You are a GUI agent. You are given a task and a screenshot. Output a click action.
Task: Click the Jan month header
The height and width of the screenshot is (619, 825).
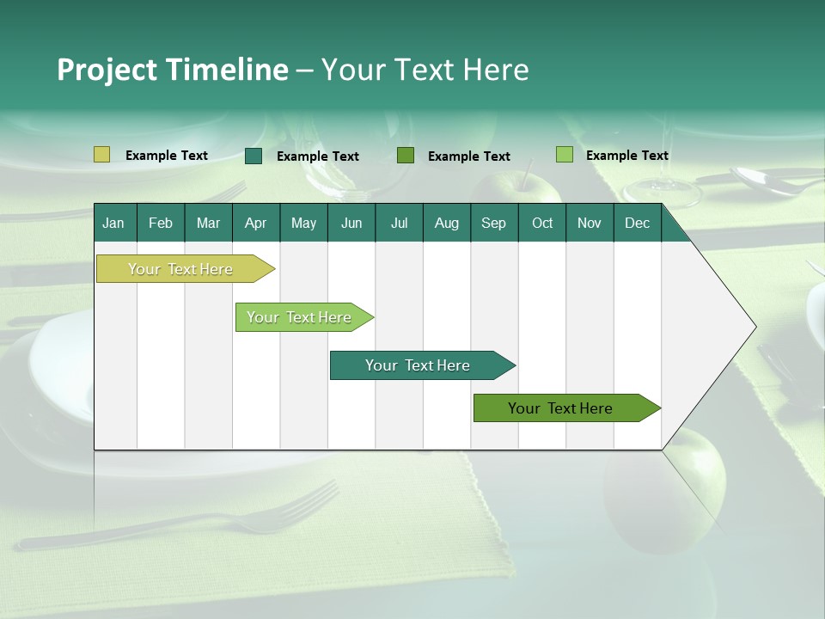pos(113,224)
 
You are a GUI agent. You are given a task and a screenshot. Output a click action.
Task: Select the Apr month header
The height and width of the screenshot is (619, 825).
pos(255,224)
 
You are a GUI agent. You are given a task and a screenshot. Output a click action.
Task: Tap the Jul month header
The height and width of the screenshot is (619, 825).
pos(399,224)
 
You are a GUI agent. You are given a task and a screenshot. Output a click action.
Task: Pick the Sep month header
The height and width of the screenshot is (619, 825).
pos(493,224)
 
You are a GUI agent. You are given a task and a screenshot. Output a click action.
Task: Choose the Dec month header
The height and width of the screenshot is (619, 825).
pos(637,224)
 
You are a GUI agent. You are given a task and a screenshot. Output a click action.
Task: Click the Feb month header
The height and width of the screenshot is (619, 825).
pos(161,224)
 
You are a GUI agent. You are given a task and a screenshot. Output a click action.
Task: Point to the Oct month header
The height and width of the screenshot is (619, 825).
pos(542,224)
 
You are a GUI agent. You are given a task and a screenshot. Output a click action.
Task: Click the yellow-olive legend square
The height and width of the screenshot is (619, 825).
pos(101,155)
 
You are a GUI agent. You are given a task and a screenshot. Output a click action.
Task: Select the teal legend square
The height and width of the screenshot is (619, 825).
pos(254,156)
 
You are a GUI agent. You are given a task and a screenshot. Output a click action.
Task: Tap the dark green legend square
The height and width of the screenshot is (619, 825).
pos(406,156)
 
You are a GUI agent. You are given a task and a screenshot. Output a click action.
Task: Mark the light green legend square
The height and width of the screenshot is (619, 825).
pos(565,155)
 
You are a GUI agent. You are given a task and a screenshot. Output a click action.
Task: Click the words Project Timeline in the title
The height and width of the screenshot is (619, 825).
pos(172,70)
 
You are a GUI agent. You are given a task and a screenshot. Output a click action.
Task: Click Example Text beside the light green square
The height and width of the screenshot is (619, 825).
pos(626,156)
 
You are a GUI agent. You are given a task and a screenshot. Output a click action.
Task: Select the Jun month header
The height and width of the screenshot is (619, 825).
pos(351,224)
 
